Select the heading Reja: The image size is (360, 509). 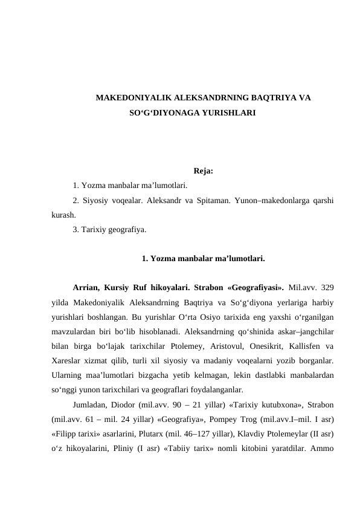click(x=203, y=171)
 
